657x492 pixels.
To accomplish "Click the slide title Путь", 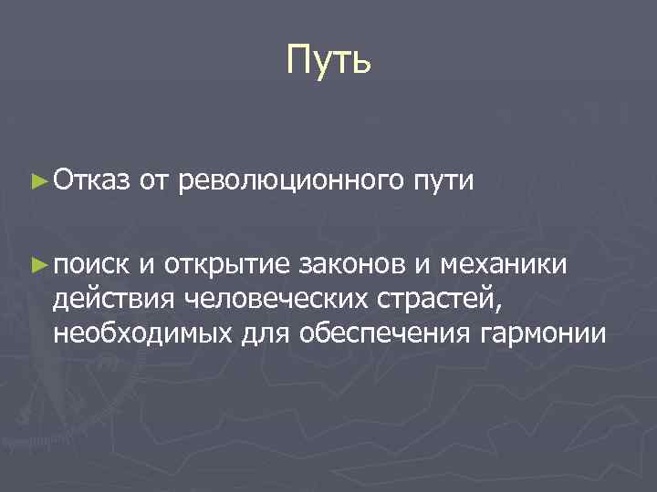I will (328, 61).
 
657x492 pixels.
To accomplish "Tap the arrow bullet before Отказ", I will (38, 180).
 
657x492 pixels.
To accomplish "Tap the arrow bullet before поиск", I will (38, 264).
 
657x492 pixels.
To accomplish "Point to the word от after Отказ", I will (155, 180).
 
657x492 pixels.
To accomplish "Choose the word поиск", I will (93, 264).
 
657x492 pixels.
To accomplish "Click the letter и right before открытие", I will (148, 264).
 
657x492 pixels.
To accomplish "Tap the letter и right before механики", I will (425, 264).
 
